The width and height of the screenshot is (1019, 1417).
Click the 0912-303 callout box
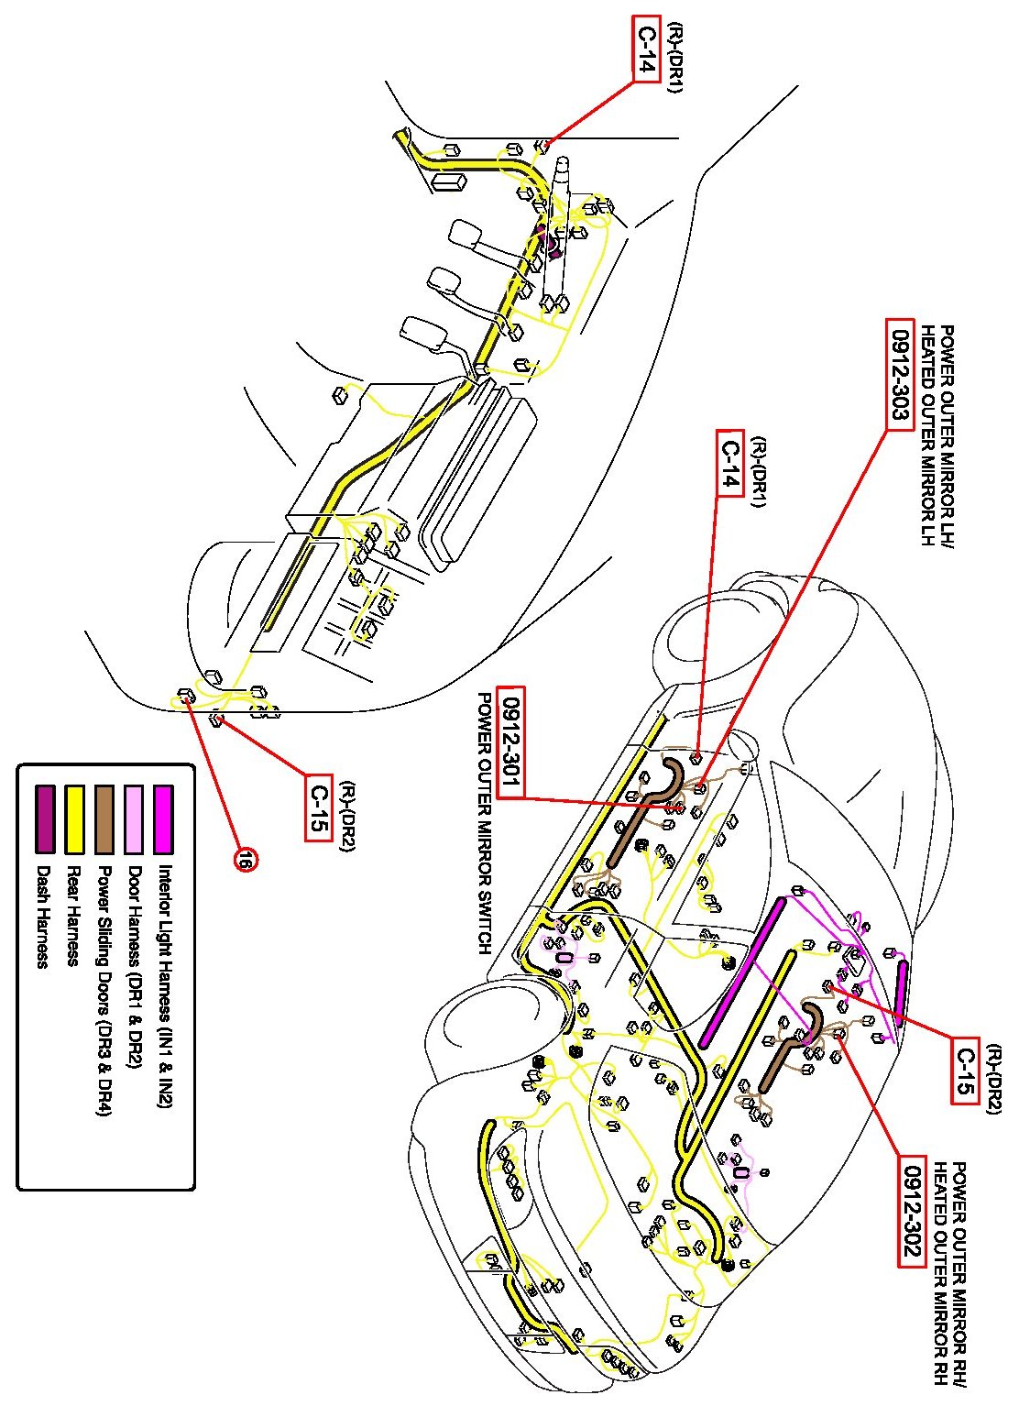[901, 373]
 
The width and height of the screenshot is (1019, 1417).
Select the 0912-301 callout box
[510, 741]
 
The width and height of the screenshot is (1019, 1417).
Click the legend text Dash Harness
[41, 917]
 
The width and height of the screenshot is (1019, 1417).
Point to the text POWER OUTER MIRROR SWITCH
[484, 822]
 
